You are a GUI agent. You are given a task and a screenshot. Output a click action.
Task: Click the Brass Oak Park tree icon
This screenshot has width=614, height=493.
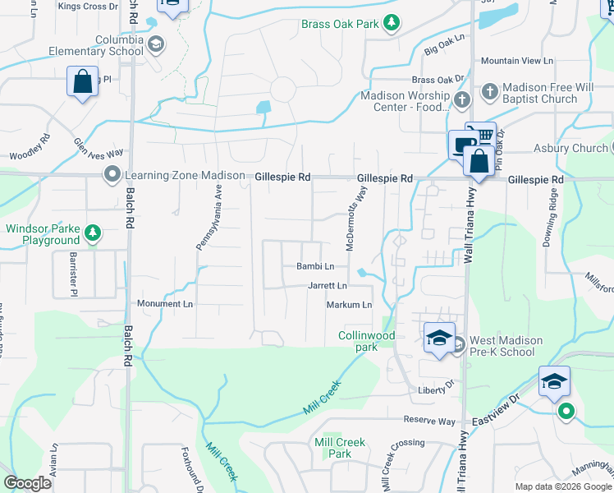[x=393, y=23]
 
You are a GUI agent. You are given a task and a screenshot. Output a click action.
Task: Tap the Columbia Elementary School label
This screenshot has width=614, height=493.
[x=108, y=45]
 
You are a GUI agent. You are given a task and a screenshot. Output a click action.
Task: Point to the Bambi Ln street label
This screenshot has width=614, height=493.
[x=315, y=266]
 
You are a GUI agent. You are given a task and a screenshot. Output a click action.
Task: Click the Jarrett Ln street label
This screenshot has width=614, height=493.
[x=328, y=286]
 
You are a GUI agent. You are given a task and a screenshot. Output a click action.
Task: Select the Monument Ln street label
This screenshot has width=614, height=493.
[x=164, y=304]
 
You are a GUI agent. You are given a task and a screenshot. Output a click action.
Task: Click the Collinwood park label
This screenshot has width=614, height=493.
[x=367, y=341]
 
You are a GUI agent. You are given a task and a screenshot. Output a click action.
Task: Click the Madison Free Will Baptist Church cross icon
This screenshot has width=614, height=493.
[x=489, y=90]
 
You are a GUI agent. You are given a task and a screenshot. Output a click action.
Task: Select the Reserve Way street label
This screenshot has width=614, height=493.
[x=428, y=421]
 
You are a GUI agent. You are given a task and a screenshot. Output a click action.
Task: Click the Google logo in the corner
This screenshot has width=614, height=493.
[x=27, y=483]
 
